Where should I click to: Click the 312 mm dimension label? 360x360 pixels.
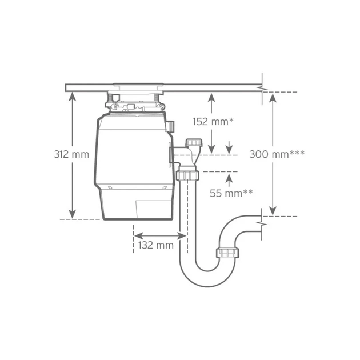coord(71,154)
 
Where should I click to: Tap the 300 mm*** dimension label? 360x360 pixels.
coord(277,154)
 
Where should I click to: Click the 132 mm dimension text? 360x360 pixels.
coord(156,245)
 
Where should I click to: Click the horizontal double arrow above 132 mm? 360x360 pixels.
coord(160,235)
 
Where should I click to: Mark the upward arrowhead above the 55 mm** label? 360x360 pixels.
coord(229,178)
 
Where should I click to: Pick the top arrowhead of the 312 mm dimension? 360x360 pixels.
coord(72,96)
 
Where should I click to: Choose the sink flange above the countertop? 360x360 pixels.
coord(138,85)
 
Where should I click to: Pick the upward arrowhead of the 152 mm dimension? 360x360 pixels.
coord(211,97)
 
